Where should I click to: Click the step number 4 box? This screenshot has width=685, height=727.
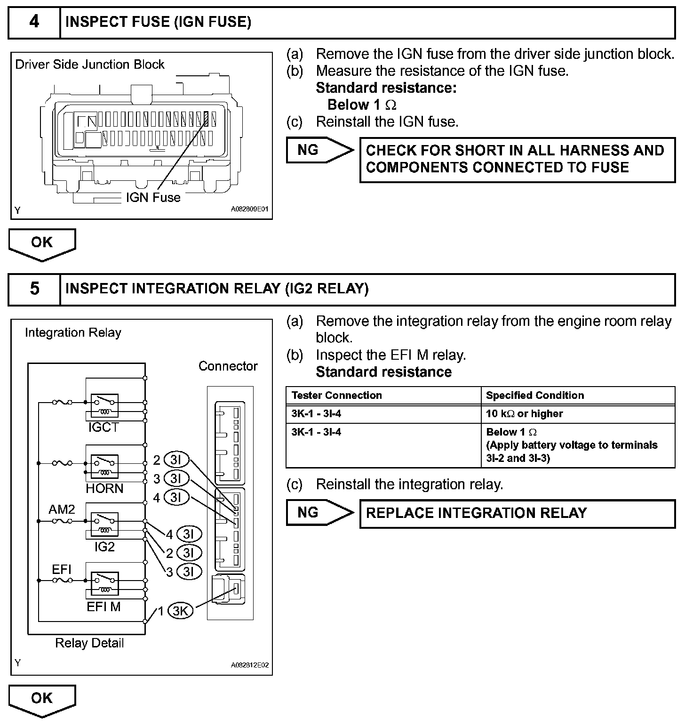[34, 22]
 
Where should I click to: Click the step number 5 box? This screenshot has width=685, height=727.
[34, 289]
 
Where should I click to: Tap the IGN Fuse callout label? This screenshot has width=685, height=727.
[153, 197]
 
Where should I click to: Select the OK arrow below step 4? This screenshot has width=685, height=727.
[42, 243]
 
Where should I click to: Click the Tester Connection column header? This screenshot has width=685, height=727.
[337, 396]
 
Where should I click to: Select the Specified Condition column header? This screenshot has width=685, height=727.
[535, 396]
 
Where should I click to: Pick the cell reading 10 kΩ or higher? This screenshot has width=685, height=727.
[525, 414]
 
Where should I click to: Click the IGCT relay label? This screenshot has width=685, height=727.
[104, 428]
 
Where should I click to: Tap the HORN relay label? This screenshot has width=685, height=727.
[104, 489]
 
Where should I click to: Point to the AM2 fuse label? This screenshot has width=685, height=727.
[62, 509]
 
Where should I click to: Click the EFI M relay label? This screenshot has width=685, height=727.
[104, 607]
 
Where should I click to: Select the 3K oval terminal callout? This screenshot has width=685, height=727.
[181, 611]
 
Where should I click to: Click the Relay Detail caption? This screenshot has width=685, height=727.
[89, 643]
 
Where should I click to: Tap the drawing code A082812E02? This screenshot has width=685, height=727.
[250, 665]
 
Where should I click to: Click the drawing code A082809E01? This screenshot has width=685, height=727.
[250, 210]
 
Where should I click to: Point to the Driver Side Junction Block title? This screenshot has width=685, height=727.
[90, 65]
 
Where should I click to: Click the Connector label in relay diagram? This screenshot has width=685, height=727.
[228, 366]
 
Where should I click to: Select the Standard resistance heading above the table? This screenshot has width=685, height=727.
[383, 372]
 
